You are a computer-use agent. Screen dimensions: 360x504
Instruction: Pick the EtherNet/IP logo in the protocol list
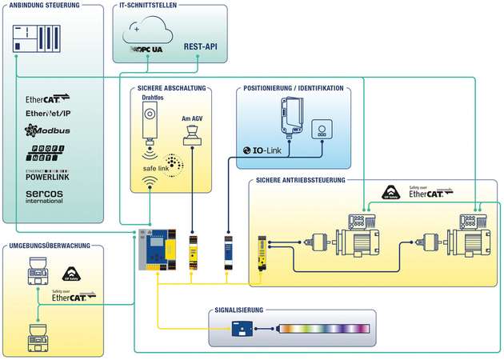49,114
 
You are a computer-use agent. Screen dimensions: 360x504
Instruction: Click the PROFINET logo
46,152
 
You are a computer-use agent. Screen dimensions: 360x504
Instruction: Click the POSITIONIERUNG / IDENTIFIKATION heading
294,88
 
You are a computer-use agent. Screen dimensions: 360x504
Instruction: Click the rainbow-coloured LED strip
323,328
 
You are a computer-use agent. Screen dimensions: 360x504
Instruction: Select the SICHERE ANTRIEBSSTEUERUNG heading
302,180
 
